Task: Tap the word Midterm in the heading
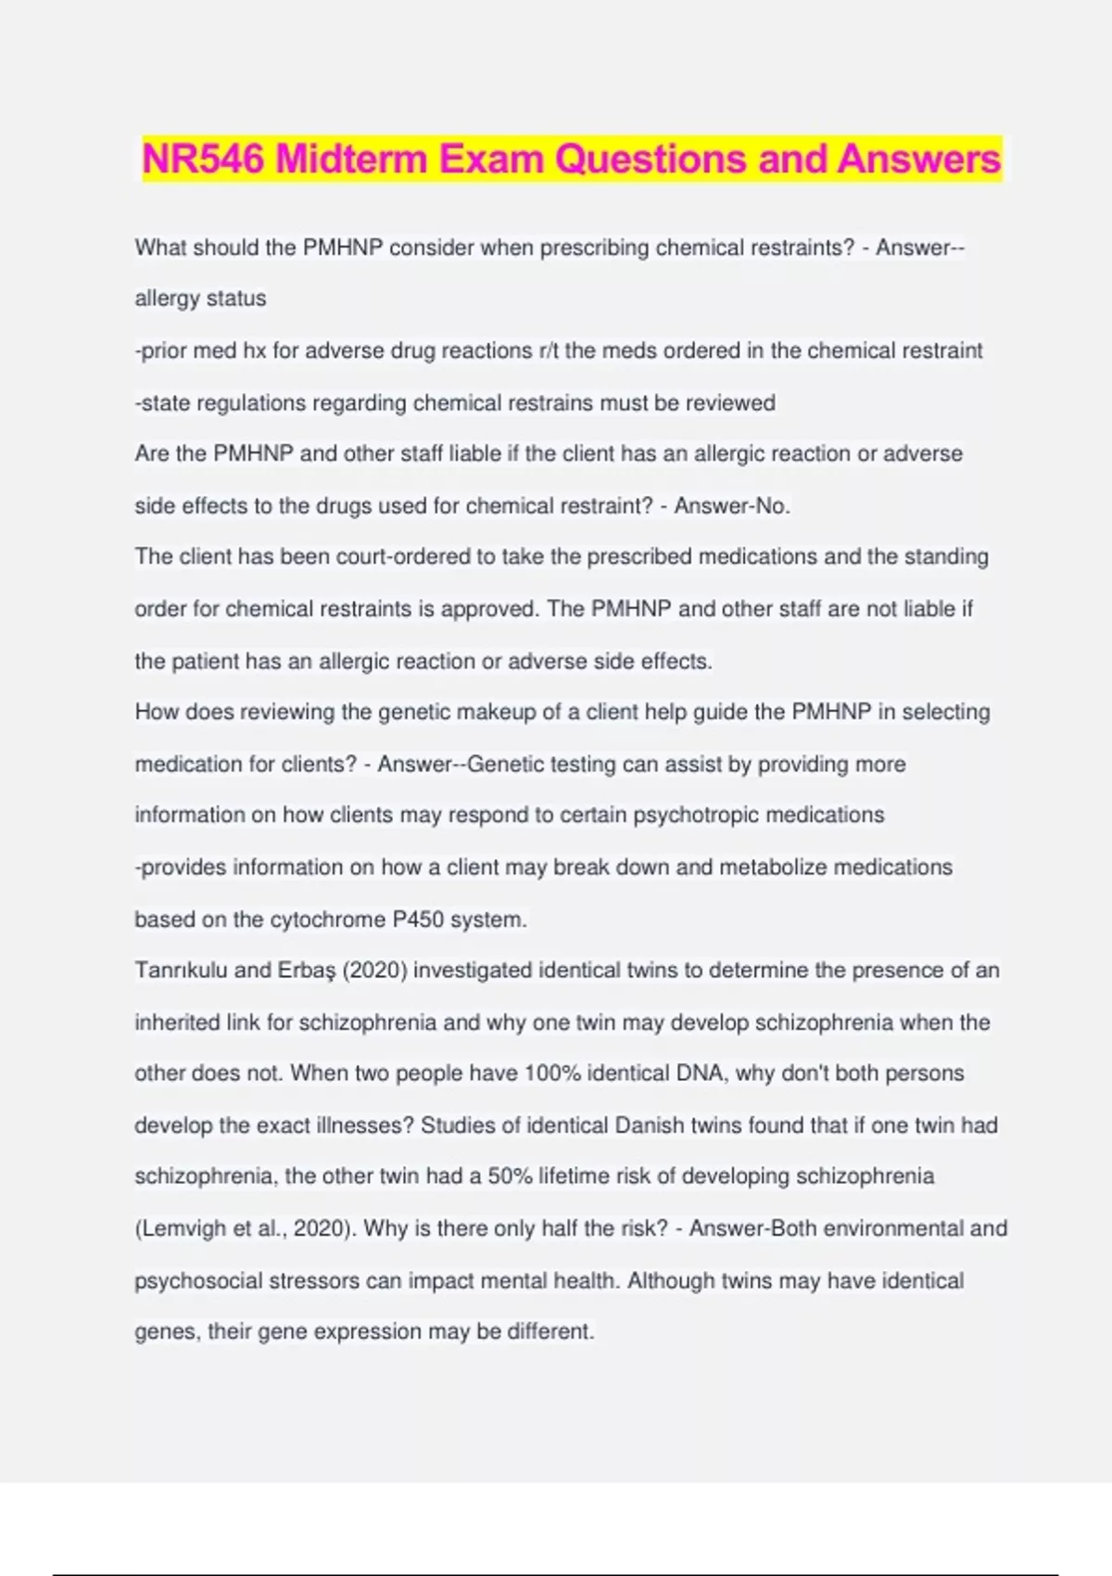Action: click(x=352, y=159)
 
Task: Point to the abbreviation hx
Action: click(x=254, y=351)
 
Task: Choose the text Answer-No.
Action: click(x=732, y=506)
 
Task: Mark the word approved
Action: click(x=488, y=609)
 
